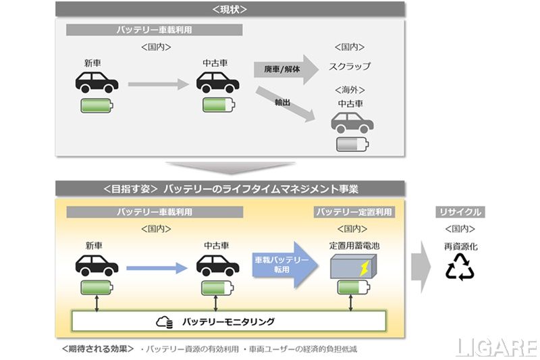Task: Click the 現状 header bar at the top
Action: [x=230, y=9]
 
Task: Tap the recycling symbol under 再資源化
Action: [x=460, y=267]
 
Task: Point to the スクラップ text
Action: [x=350, y=67]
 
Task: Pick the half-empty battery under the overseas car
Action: [x=352, y=145]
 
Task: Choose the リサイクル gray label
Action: [x=459, y=212]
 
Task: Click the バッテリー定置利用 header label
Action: [x=354, y=212]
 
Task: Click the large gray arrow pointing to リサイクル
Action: [x=421, y=265]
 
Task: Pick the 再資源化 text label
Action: [x=460, y=247]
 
